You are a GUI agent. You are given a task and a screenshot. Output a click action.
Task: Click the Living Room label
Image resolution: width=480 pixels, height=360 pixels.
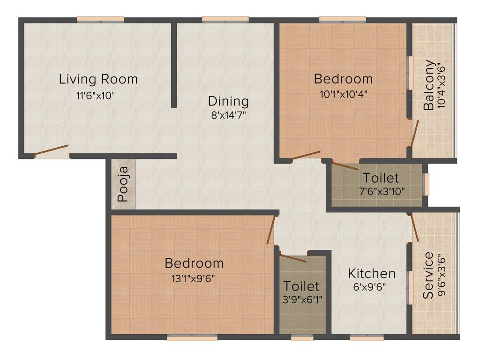click(98, 79)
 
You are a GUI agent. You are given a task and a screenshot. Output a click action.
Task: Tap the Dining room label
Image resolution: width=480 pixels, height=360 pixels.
click(228, 101)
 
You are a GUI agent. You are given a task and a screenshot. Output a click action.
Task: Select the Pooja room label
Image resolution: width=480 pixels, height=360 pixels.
click(123, 188)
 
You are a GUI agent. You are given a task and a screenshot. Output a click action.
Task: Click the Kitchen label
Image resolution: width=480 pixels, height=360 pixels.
click(372, 273)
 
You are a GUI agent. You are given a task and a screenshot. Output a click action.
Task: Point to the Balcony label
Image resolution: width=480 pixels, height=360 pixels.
click(428, 85)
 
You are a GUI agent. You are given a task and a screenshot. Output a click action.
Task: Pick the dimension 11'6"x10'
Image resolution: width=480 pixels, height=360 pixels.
click(96, 96)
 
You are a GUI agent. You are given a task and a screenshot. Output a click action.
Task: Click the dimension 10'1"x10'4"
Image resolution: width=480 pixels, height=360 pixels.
click(343, 93)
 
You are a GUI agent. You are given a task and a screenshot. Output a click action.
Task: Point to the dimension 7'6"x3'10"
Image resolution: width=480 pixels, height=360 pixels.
click(380, 191)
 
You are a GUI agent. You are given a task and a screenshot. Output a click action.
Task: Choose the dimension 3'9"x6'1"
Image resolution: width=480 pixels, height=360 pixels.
click(301, 298)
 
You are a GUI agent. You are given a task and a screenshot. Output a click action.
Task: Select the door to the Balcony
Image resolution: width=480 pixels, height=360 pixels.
click(414, 133)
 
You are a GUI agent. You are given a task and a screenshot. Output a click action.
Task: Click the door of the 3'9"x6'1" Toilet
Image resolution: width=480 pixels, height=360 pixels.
click(293, 258)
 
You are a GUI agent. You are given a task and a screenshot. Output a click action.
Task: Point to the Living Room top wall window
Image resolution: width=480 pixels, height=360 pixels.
click(100, 19)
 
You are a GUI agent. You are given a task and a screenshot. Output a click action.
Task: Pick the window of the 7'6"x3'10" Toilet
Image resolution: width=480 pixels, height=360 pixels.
click(426, 184)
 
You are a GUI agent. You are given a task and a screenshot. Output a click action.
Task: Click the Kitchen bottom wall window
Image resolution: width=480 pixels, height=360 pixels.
click(366, 337)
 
